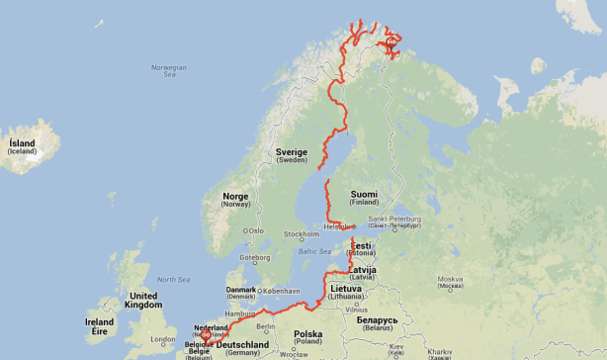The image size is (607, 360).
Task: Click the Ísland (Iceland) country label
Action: click(x=22, y=146)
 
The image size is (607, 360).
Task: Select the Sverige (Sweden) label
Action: click(x=292, y=155)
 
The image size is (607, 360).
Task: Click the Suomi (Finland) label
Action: click(x=365, y=198)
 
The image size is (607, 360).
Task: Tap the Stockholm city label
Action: click(x=302, y=235)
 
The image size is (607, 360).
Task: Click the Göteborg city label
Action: click(x=255, y=257)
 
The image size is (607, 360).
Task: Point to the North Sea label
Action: click(x=173, y=280)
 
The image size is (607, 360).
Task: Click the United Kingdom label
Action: click(x=144, y=300)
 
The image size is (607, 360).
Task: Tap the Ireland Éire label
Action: click(x=99, y=326)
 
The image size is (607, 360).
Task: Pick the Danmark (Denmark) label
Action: click(x=241, y=292)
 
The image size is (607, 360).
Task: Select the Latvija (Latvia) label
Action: click(x=363, y=272)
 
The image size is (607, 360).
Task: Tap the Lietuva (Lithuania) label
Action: click(x=347, y=292)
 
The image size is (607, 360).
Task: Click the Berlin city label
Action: click(x=265, y=326)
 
